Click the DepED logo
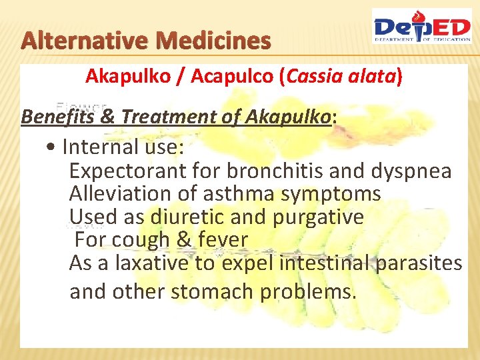click(x=421, y=27)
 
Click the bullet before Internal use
click(x=51, y=146)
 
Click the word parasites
click(x=419, y=264)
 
